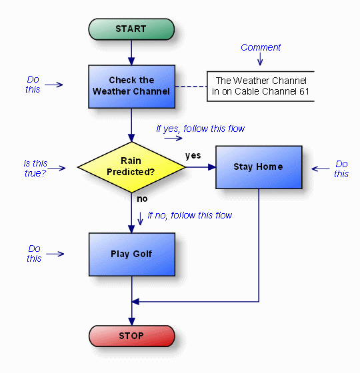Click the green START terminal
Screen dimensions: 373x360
pos(131,29)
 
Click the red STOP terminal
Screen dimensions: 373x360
pos(131,336)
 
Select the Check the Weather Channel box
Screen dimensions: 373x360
pos(131,87)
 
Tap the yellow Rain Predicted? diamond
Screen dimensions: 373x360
pos(131,167)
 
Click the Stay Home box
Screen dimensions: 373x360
pos(258,167)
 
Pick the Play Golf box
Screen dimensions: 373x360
pos(131,254)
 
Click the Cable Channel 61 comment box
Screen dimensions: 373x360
pos(260,86)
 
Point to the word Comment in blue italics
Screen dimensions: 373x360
pos(261,47)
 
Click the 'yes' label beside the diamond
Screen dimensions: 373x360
pos(193,155)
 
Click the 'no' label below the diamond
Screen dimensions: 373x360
pos(141,198)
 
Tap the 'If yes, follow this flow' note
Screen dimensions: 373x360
pos(201,129)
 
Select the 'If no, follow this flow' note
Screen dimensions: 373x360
pos(190,215)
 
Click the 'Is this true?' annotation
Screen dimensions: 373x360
pos(35,168)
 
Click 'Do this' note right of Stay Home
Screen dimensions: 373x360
pos(341,169)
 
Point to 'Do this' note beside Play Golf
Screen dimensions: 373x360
pos(34,253)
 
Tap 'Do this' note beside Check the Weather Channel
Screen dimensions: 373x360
pos(33,84)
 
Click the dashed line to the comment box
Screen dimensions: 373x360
pos(191,87)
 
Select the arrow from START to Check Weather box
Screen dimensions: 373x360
pos(131,53)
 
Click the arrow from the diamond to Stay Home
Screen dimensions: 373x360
pos(200,167)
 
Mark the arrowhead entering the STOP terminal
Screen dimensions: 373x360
pos(131,320)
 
